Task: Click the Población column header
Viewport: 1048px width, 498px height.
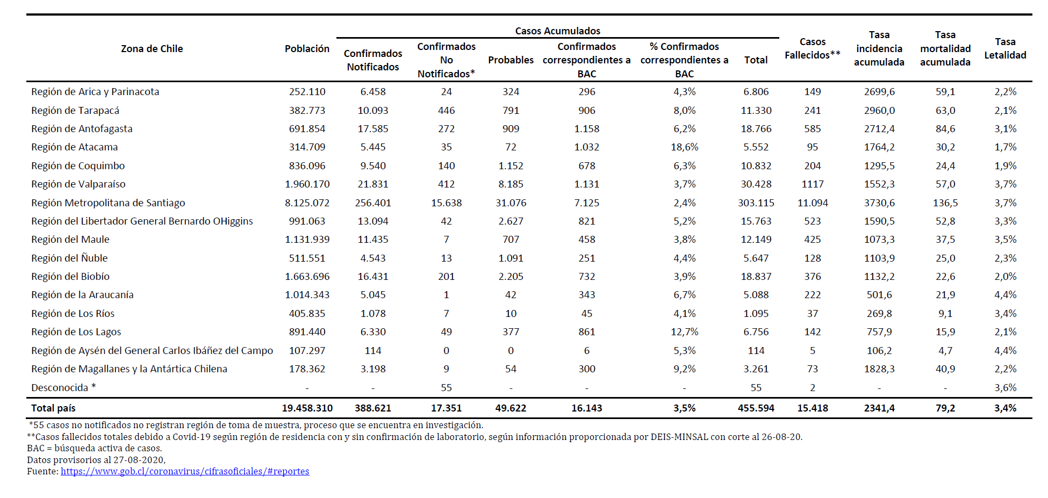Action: click(x=307, y=49)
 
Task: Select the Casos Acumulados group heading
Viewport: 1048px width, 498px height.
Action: click(x=557, y=31)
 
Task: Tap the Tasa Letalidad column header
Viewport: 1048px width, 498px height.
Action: click(x=1005, y=48)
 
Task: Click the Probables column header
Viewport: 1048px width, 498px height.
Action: click(x=511, y=60)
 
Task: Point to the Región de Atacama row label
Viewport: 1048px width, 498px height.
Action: click(x=74, y=147)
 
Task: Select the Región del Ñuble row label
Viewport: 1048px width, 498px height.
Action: click(x=69, y=258)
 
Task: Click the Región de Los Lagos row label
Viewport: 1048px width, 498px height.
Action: click(x=76, y=332)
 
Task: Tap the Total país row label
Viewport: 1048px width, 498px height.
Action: click(x=53, y=408)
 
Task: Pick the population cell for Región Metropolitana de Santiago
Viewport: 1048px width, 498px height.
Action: click(x=307, y=203)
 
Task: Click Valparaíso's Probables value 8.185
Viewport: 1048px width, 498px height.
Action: click(x=511, y=184)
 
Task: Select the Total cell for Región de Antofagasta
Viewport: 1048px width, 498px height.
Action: click(x=756, y=129)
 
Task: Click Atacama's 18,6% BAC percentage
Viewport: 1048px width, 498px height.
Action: click(x=684, y=147)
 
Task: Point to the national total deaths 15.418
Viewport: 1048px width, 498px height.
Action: click(x=812, y=408)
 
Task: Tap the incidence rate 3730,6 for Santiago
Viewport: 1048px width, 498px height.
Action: click(x=879, y=203)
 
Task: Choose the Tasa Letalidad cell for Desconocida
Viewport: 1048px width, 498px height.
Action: click(x=1005, y=388)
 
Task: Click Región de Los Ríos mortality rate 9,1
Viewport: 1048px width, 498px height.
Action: click(x=945, y=314)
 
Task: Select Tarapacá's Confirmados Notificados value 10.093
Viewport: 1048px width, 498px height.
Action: click(x=373, y=111)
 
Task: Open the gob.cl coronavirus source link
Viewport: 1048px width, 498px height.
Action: click(x=185, y=472)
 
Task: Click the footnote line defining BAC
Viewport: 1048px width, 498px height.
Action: click(x=94, y=449)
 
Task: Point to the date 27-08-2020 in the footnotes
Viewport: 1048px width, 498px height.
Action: click(x=141, y=460)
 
